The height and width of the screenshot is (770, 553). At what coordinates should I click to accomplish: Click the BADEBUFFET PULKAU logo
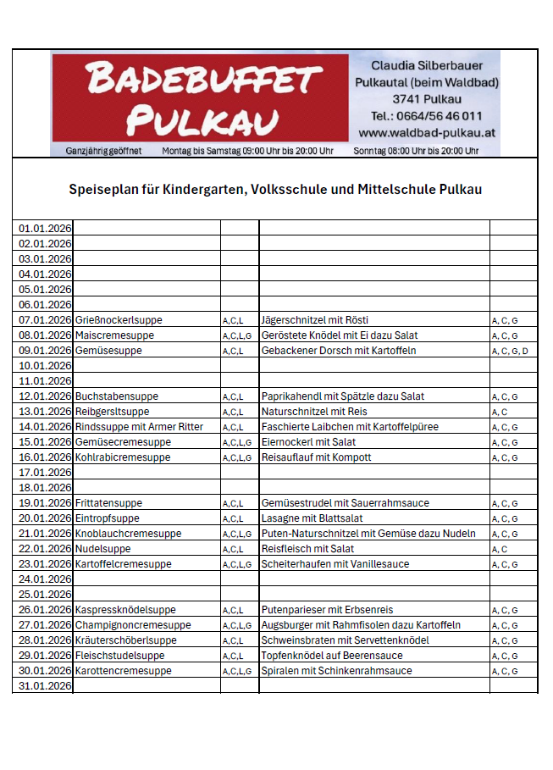[x=200, y=100]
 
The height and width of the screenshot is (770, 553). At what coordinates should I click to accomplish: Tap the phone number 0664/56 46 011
[x=427, y=116]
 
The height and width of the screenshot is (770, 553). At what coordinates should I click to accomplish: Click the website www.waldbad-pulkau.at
[x=427, y=133]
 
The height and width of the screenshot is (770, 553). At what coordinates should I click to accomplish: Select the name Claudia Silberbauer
[x=427, y=65]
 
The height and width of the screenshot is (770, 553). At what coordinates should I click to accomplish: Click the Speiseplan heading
[x=275, y=189]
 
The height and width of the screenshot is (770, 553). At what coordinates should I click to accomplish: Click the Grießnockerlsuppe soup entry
[x=119, y=320]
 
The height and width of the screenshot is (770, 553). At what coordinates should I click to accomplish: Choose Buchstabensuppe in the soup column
[x=117, y=396]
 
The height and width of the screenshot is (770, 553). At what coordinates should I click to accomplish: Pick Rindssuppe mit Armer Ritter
[x=140, y=427]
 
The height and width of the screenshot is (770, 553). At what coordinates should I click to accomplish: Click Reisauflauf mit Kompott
[x=317, y=457]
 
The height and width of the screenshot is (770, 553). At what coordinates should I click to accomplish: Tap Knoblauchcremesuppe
[x=128, y=534]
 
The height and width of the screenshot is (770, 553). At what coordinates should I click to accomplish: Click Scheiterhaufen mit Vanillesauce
[x=335, y=564]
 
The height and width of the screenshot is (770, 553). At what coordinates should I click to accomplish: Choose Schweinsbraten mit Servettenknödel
[x=346, y=640]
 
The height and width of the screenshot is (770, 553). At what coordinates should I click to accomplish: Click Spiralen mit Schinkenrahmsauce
[x=337, y=671]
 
